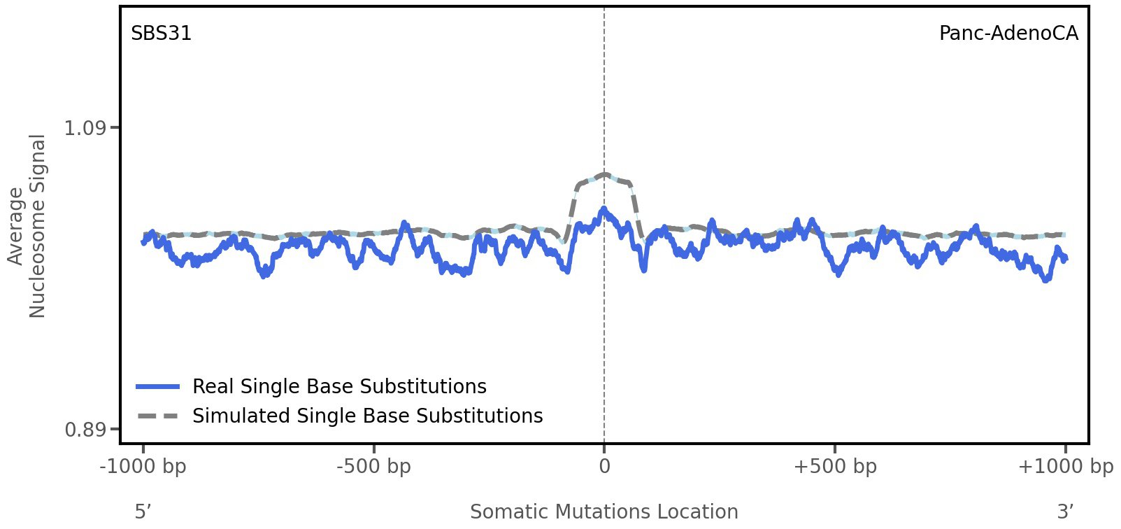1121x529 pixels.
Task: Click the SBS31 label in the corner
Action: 161,34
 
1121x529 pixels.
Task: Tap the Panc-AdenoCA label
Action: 1008,34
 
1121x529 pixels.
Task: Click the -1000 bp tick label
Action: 143,466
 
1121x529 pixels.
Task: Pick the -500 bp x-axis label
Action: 373,466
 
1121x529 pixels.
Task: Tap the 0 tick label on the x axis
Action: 604,466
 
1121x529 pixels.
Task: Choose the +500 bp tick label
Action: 834,466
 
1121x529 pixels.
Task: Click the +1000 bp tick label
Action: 1065,466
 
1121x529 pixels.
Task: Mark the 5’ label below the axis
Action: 143,512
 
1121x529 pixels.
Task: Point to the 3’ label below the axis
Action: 1065,512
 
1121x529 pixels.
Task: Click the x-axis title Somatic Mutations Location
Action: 604,512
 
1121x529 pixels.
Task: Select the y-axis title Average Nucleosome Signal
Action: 27,225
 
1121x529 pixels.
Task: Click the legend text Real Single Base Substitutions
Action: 339,386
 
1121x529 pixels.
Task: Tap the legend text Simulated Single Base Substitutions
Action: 367,416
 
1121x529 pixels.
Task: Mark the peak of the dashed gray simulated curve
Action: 604,174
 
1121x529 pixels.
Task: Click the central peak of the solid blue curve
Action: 602,209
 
